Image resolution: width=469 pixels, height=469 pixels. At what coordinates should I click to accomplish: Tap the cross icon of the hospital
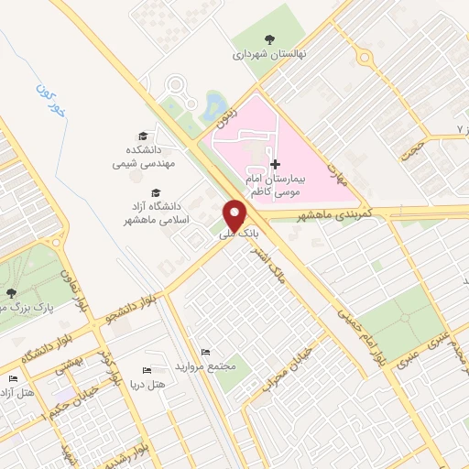click(275, 164)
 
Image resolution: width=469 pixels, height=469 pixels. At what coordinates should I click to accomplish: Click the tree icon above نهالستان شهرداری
click(268, 38)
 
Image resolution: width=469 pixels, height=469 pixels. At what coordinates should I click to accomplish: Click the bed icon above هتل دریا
click(146, 370)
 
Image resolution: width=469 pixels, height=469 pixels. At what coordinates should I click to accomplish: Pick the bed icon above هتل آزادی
click(13, 379)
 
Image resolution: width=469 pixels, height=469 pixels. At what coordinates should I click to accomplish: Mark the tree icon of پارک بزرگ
click(11, 293)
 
